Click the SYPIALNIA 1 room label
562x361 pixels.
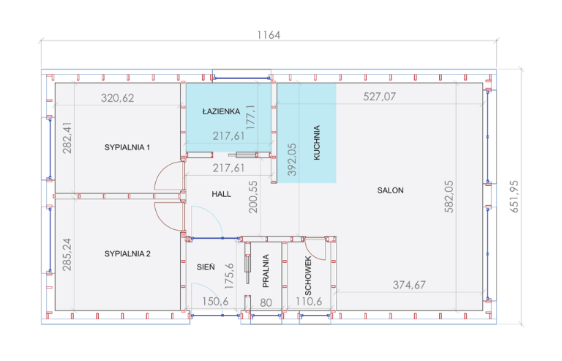coord(127,147)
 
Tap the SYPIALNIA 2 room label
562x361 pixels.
coord(127,254)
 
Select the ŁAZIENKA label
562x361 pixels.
coord(221,111)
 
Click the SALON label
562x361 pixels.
coord(390,190)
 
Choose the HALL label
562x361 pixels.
coord(221,195)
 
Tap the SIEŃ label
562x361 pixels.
coord(206,268)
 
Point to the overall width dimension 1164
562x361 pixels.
coord(269,35)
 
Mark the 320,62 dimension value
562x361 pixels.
coord(118,97)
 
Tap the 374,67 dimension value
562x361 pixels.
coord(410,285)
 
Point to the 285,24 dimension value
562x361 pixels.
coord(67,254)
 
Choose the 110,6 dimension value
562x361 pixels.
coord(310,302)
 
